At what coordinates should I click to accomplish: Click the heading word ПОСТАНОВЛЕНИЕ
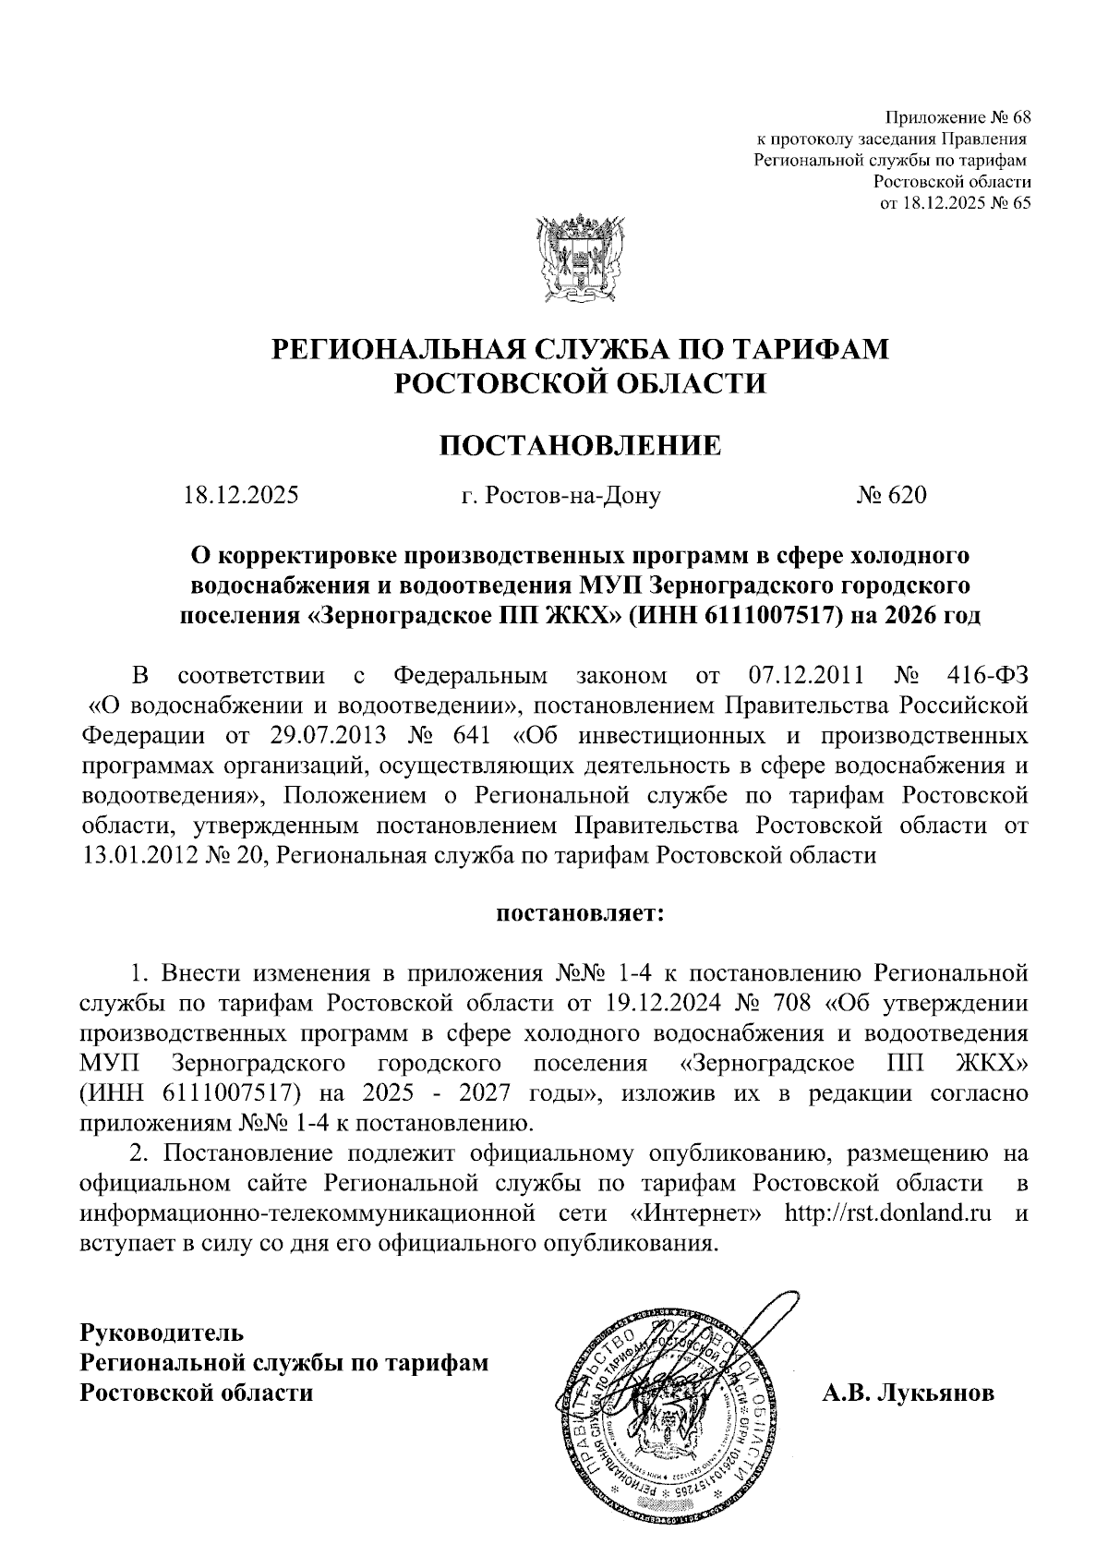(x=579, y=445)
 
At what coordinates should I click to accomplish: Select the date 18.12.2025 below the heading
(x=241, y=496)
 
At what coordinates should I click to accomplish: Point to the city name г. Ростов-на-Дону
(x=560, y=497)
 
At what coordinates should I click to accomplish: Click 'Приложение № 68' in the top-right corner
(x=957, y=118)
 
